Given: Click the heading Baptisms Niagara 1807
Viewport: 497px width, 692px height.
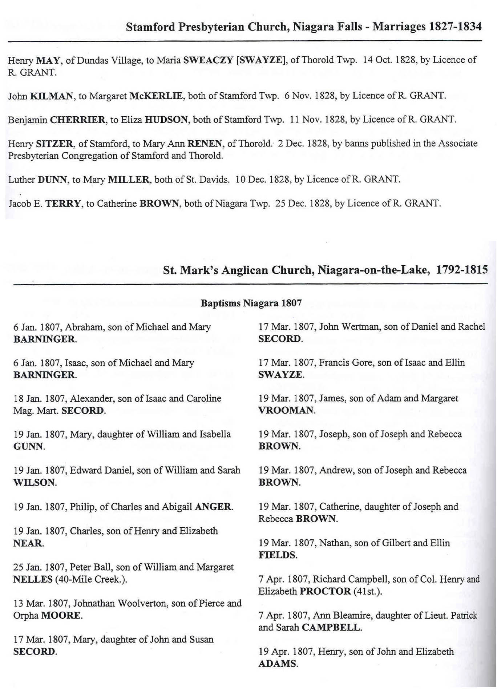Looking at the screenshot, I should [x=251, y=303].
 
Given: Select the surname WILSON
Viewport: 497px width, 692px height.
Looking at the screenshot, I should [x=35, y=483].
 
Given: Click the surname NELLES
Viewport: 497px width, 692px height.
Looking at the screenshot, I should [x=33, y=579].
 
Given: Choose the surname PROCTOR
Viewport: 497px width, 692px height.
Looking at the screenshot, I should [x=325, y=591].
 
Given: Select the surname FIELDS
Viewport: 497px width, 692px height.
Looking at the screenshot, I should [x=277, y=555].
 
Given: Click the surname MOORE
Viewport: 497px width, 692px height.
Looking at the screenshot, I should [x=61, y=615].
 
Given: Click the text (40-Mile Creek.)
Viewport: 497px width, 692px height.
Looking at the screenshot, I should [x=91, y=579].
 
